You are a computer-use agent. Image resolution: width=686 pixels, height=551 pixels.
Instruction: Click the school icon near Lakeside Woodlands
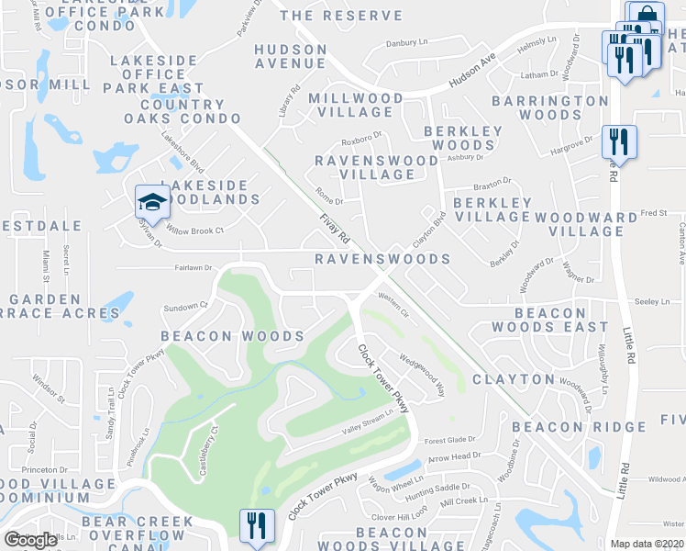(x=152, y=201)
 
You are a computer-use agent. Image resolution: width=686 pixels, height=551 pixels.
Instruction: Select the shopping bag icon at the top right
(x=646, y=16)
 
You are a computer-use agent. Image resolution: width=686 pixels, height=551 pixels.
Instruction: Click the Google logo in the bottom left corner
(x=30, y=540)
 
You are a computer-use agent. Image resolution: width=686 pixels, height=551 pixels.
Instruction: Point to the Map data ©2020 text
(x=647, y=544)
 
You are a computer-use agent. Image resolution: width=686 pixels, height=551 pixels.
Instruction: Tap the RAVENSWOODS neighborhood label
(x=382, y=260)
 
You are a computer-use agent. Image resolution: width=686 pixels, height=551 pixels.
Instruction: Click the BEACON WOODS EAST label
(x=549, y=320)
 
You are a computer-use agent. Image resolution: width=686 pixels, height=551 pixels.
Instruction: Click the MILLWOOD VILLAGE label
(x=356, y=105)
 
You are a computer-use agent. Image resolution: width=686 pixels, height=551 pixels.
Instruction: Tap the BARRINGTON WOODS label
(x=549, y=107)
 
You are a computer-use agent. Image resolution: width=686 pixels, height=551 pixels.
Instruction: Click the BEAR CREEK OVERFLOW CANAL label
(x=138, y=534)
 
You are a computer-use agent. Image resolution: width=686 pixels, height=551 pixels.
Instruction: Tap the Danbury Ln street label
(x=407, y=42)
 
